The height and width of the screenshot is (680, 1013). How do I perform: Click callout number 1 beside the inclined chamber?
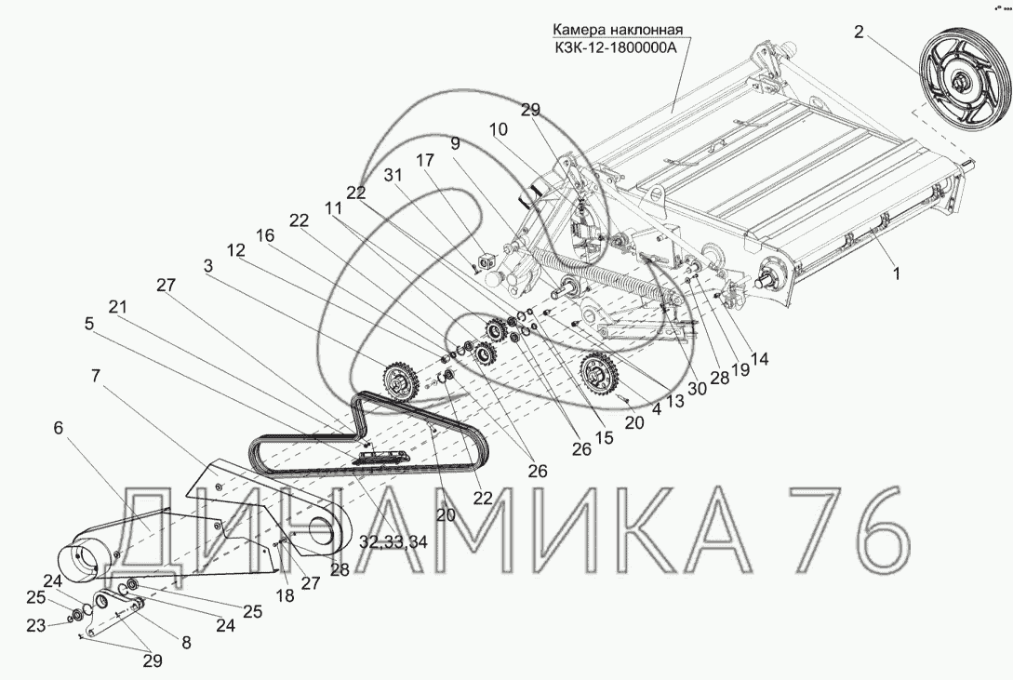click(x=896, y=273)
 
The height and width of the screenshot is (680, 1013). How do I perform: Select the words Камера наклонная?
click(x=617, y=30)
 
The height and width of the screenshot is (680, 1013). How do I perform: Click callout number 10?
click(x=498, y=129)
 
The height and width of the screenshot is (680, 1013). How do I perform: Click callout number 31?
click(x=393, y=175)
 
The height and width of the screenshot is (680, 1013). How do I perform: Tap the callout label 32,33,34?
click(x=393, y=541)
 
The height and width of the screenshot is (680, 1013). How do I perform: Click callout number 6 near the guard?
click(x=59, y=428)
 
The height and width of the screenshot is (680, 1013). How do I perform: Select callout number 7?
click(x=96, y=375)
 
